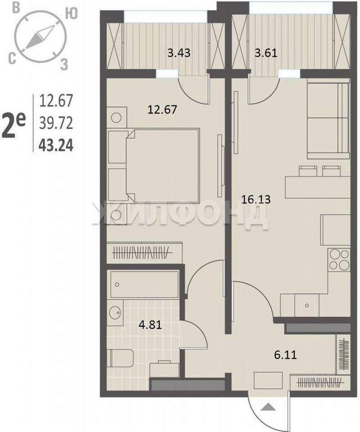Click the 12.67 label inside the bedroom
[162, 110]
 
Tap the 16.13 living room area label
[256, 199]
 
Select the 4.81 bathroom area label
[150, 325]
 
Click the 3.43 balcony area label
[179, 53]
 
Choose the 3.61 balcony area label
[266, 53]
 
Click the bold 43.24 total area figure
[56, 145]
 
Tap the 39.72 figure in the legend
[56, 123]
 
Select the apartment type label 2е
[13, 125]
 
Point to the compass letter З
[64, 65]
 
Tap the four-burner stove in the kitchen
[339, 259]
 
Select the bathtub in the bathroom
[145, 284]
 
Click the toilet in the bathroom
[120, 358]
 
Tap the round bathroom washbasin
[115, 312]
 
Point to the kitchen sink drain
[307, 305]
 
